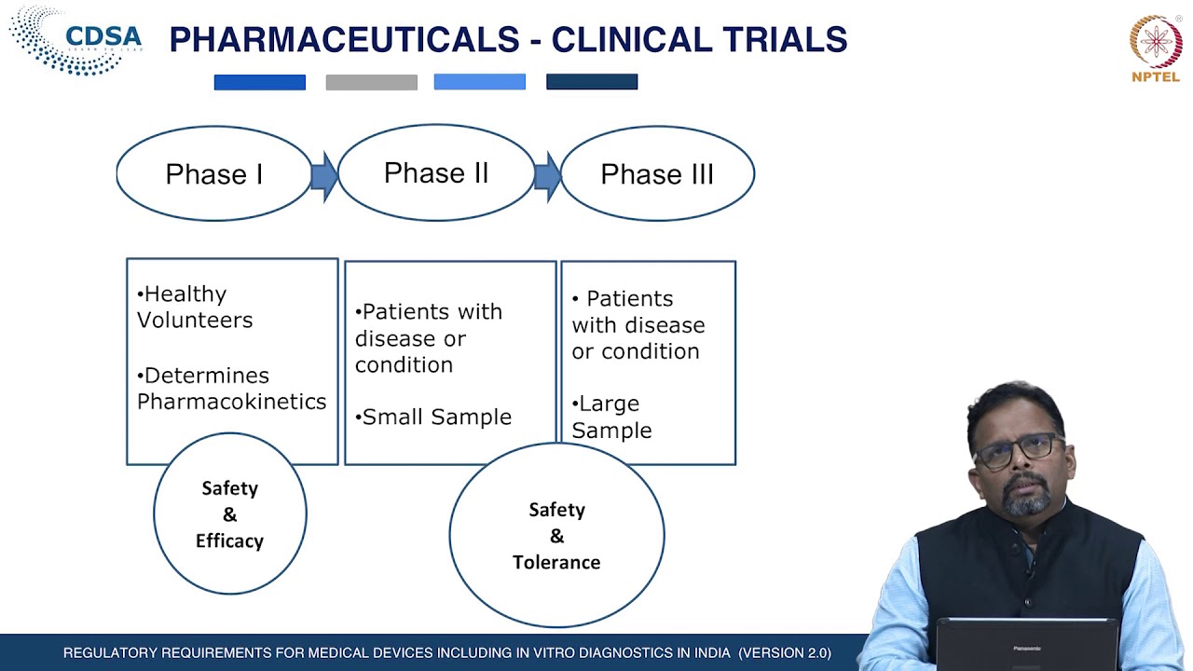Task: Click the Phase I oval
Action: coord(213,174)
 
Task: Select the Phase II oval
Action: coord(436,173)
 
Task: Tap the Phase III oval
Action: coord(657,174)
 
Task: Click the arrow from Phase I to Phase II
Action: coord(323,174)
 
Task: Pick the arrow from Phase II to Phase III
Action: coord(547,174)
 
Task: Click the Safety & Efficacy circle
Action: coord(229,514)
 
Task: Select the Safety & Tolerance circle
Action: coord(556,536)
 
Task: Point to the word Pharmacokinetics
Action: coord(232,402)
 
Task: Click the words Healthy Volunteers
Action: coord(195,307)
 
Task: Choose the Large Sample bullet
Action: coord(611,417)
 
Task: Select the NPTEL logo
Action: coord(1156,48)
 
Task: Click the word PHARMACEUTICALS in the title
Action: coord(344,40)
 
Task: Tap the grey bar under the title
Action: coord(371,83)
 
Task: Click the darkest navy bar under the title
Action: coord(592,83)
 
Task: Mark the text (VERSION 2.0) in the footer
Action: coord(785,653)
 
